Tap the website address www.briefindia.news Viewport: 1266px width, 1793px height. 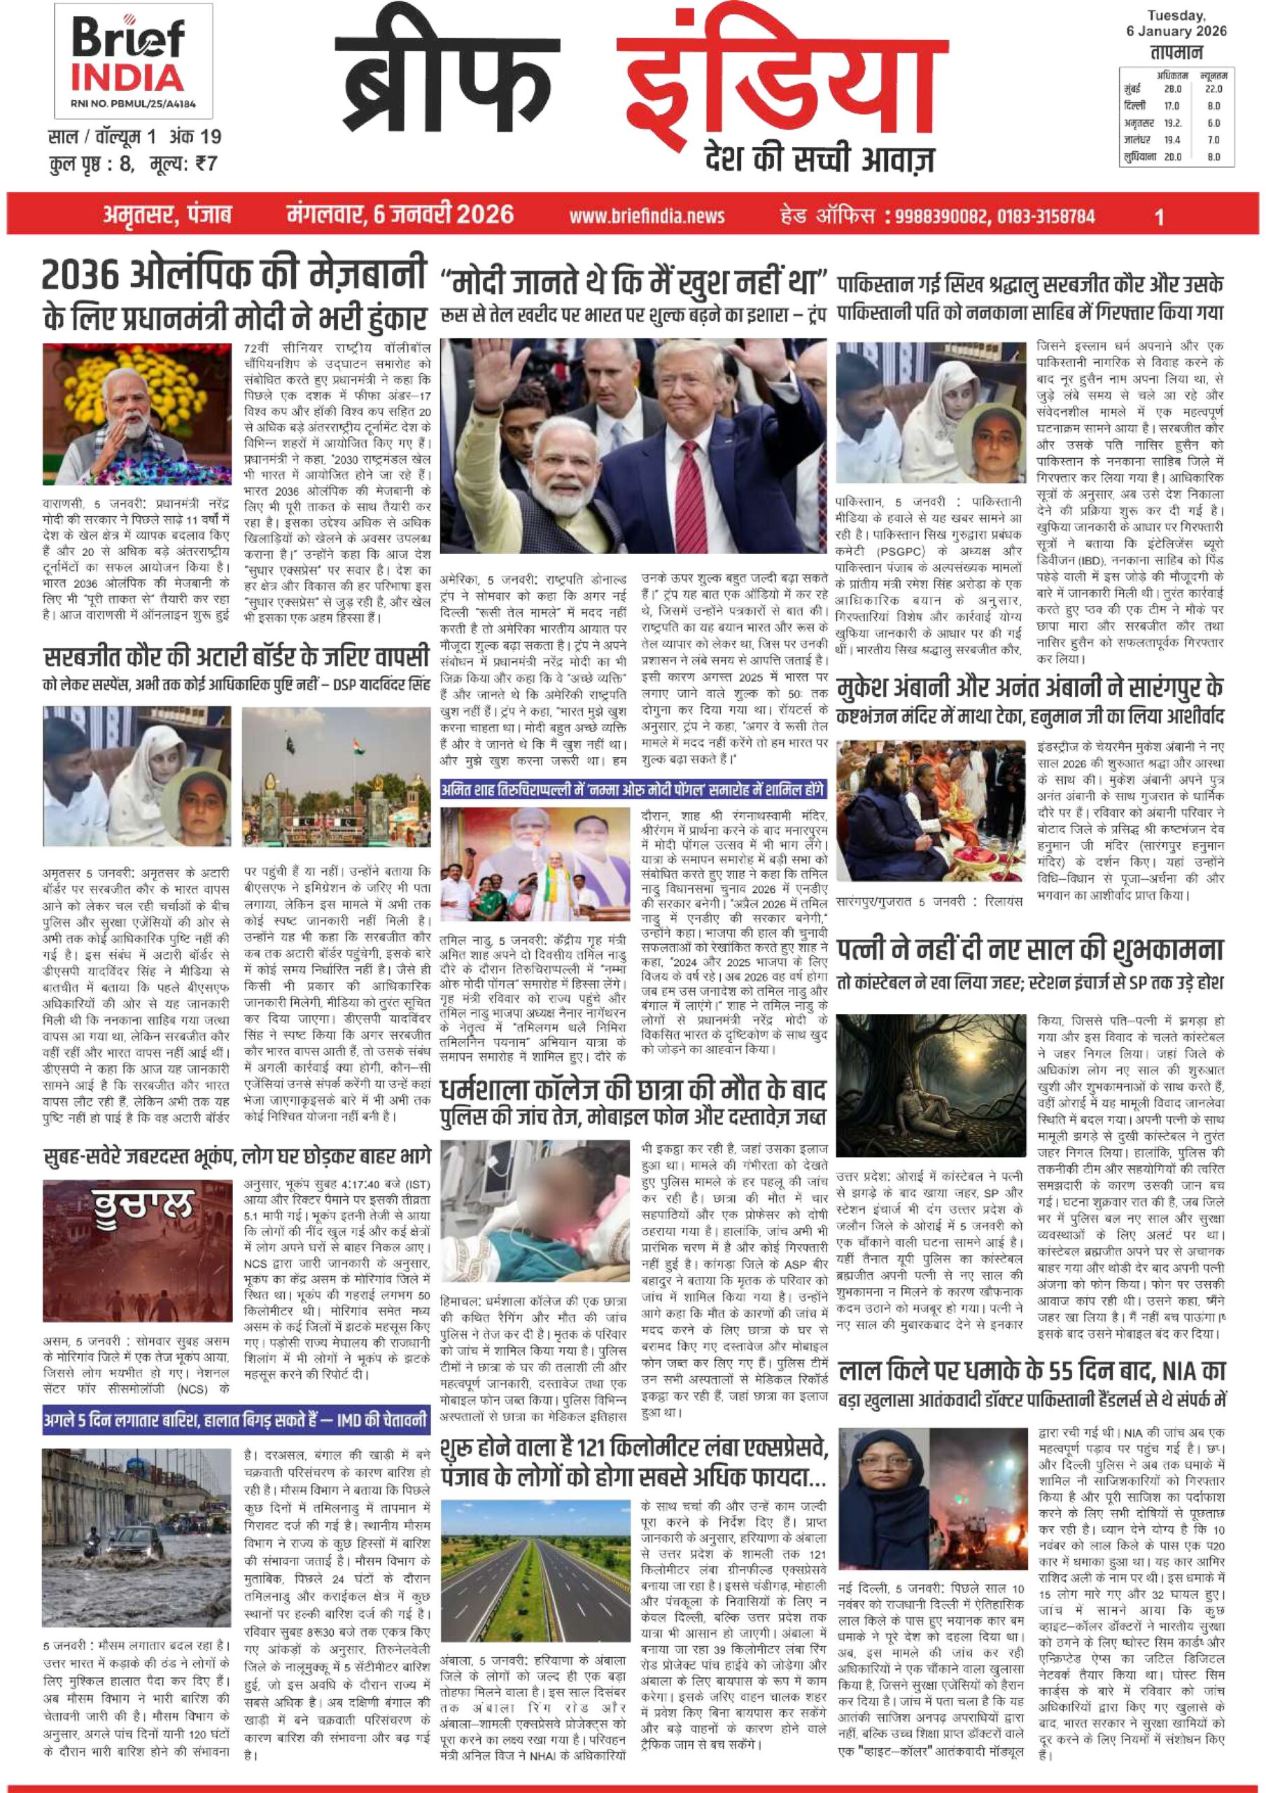pyautogui.click(x=646, y=216)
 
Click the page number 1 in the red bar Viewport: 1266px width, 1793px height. pyautogui.click(x=1159, y=216)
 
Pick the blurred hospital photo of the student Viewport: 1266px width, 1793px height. pyautogui.click(x=534, y=1204)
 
